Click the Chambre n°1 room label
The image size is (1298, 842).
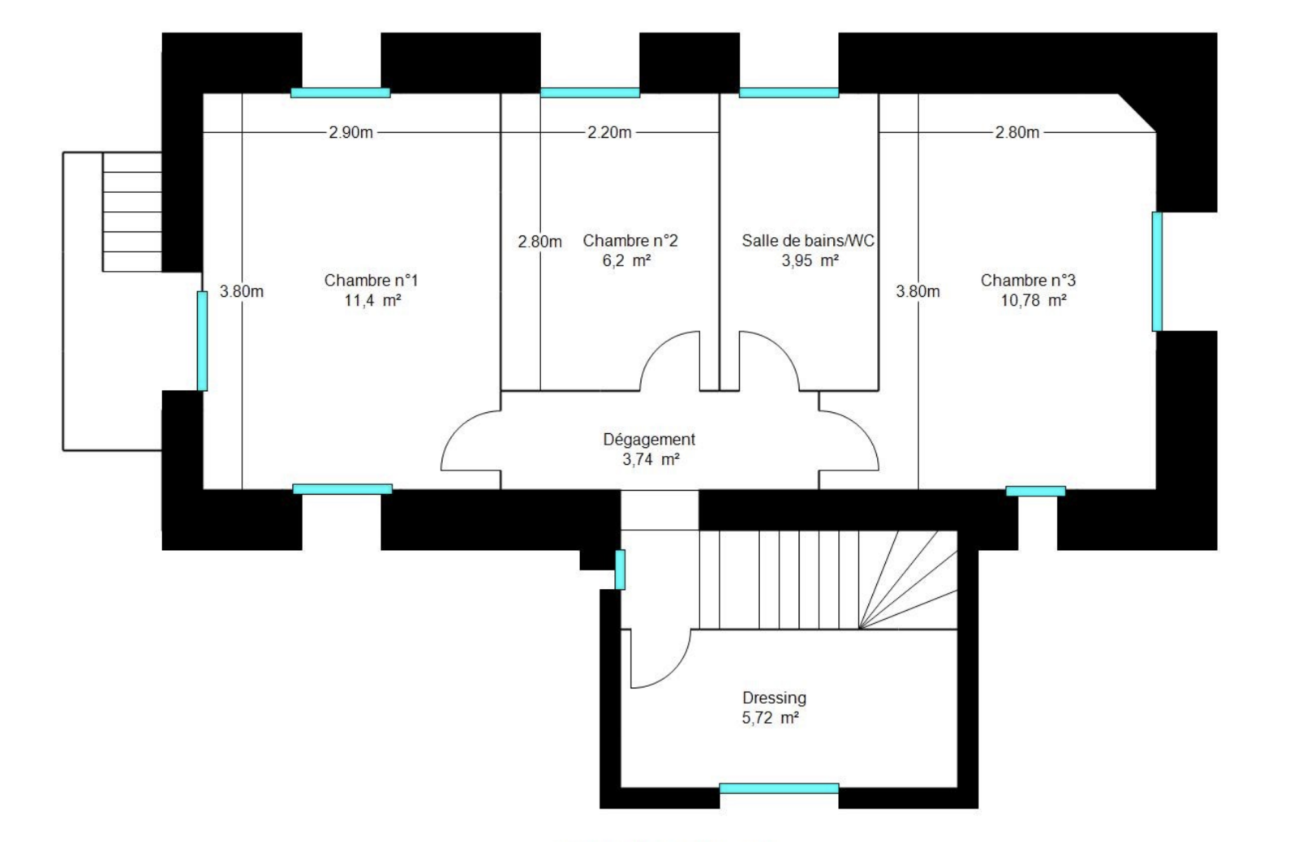click(371, 281)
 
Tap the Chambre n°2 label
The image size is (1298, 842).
click(630, 240)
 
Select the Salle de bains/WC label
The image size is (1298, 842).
click(808, 240)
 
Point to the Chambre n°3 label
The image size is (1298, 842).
click(1028, 281)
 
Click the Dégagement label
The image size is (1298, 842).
click(649, 440)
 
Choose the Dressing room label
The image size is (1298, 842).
click(774, 698)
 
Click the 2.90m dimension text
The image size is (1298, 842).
click(350, 133)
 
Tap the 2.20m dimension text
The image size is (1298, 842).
click(609, 133)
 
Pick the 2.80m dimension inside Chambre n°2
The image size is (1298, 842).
click(539, 242)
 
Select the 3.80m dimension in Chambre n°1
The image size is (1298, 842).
click(241, 291)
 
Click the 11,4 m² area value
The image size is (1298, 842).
click(372, 301)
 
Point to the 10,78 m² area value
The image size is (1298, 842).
click(1034, 301)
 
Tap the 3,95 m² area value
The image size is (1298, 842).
click(810, 260)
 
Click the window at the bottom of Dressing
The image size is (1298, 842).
click(779, 788)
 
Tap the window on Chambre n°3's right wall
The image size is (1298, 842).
click(1157, 271)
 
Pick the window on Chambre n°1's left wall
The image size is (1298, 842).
click(202, 341)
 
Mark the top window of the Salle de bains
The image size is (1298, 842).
click(789, 92)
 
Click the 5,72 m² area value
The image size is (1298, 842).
click(770, 718)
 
